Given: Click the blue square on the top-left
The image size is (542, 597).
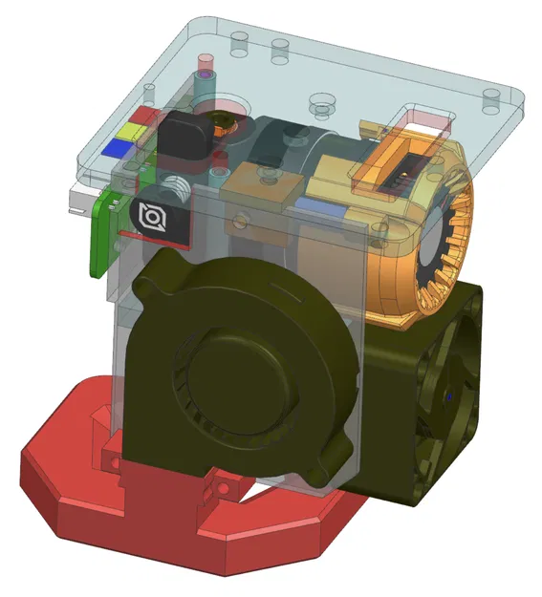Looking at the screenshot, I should [119, 146].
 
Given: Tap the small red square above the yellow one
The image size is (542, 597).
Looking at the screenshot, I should [143, 114].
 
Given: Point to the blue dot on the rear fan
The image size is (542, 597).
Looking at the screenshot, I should [449, 393].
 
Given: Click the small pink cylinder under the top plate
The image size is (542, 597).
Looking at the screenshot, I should [204, 69].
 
